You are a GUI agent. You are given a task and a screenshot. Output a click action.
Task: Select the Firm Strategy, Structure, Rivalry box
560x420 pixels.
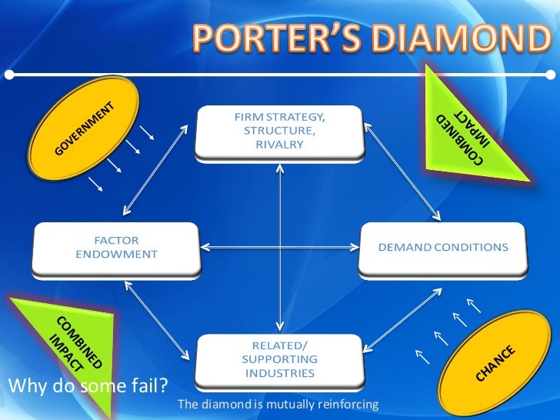[x=279, y=132]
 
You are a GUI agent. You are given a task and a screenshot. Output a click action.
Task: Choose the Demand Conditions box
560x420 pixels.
[x=443, y=248]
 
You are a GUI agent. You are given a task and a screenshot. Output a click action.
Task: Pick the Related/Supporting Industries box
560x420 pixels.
[x=279, y=358]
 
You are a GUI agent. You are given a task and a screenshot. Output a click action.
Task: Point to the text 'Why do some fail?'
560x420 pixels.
[x=88, y=383]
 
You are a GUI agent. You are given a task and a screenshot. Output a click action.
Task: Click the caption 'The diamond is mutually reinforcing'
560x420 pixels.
[x=278, y=404]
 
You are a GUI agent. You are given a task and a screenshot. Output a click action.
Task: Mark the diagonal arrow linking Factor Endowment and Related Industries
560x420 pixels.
[x=158, y=323]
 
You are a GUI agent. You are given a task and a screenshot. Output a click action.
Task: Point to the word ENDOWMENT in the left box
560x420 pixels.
[x=116, y=254]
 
